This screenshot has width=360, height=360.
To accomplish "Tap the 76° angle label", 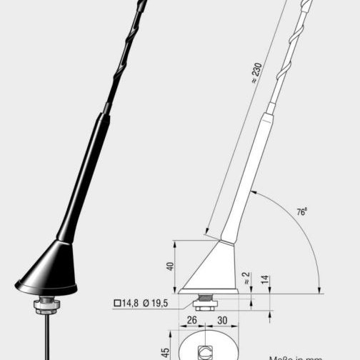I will click(x=302, y=212).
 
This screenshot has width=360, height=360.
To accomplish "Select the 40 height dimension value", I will click(x=170, y=266).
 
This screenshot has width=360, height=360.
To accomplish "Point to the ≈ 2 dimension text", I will click(x=246, y=279).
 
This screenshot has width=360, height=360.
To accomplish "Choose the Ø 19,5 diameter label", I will click(x=155, y=304).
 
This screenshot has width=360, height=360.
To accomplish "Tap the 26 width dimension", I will click(x=191, y=321).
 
